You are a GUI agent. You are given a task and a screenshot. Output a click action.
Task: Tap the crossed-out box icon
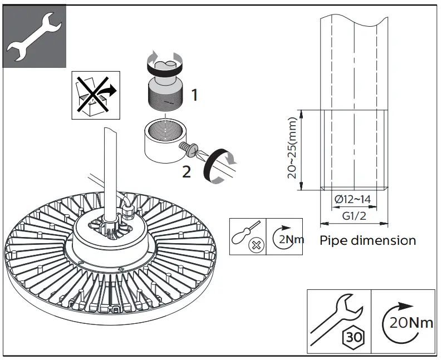(95, 95)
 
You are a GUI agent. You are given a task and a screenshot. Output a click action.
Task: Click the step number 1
(194, 95)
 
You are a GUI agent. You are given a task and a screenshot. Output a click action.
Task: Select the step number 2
(186, 172)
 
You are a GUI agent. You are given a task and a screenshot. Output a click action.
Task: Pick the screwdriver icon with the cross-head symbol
(248, 238)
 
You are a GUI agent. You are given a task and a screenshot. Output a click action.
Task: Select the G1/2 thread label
(354, 216)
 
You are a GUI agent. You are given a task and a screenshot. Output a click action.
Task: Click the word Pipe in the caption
(336, 241)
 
